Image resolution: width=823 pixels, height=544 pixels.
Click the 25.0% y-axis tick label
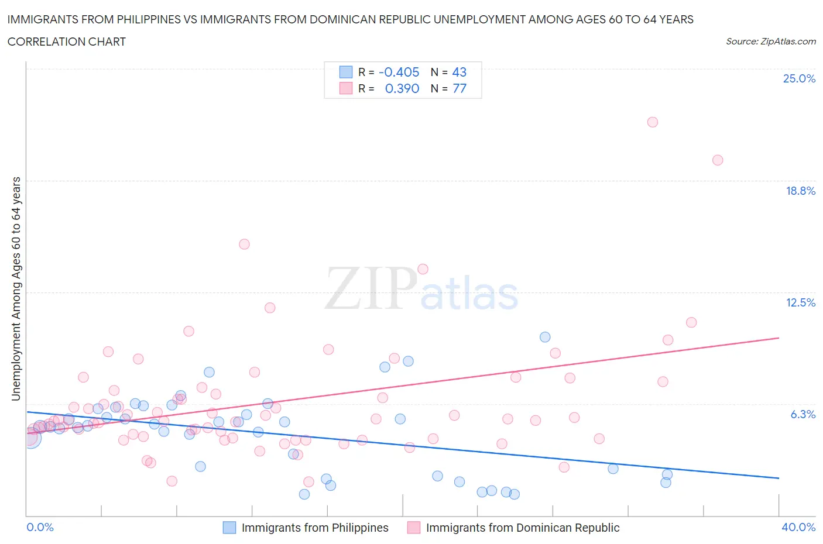[x=799, y=78]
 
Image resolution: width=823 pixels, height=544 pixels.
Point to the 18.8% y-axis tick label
[x=800, y=191]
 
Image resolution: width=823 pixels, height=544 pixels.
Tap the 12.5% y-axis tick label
[x=800, y=302]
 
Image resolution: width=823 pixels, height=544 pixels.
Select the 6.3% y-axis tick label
[x=803, y=414]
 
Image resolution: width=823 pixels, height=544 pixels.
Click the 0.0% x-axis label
[x=40, y=527]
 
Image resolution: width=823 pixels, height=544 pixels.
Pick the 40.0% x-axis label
[x=798, y=527]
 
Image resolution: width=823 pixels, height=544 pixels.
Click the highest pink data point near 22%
[x=653, y=122]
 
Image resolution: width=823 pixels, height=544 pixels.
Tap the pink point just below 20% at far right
[x=718, y=160]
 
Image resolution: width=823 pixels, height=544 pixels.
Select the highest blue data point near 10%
[x=545, y=337]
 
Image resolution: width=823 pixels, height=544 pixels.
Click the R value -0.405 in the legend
[x=399, y=72]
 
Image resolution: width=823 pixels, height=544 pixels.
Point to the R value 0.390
[x=402, y=88]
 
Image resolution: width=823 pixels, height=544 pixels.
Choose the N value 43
[x=459, y=72]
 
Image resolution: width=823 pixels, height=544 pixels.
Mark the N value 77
[x=459, y=88]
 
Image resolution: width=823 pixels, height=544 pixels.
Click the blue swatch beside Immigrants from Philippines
[x=229, y=528]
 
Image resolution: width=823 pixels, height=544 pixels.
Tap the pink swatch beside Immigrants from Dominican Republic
[x=414, y=528]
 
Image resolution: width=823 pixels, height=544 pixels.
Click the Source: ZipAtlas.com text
[x=770, y=42]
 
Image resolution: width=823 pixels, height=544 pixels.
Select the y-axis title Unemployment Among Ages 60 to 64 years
[x=16, y=288]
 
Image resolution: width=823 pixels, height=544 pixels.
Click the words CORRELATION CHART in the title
[x=67, y=42]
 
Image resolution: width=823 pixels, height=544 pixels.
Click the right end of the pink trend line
[x=779, y=338]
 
